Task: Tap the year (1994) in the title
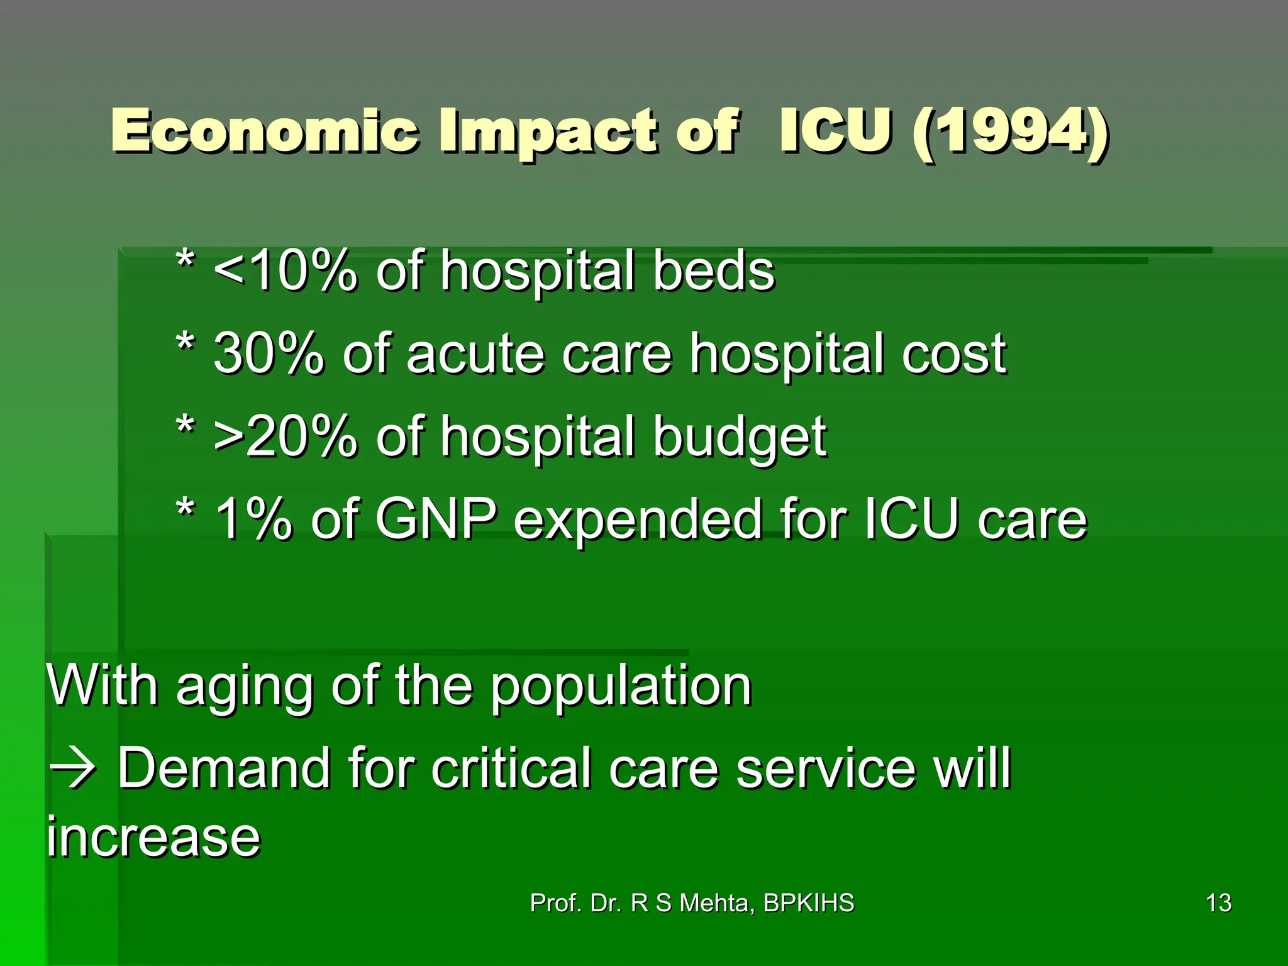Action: pyautogui.click(x=1009, y=132)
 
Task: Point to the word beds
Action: pyautogui.click(x=713, y=272)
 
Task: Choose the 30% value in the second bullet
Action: pyautogui.click(x=269, y=355)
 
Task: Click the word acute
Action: pyautogui.click(x=475, y=355)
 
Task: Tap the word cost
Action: pyautogui.click(x=953, y=355)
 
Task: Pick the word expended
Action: pyautogui.click(x=638, y=521)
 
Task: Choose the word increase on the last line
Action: pyautogui.click(x=153, y=838)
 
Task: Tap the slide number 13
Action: pyautogui.click(x=1218, y=903)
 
